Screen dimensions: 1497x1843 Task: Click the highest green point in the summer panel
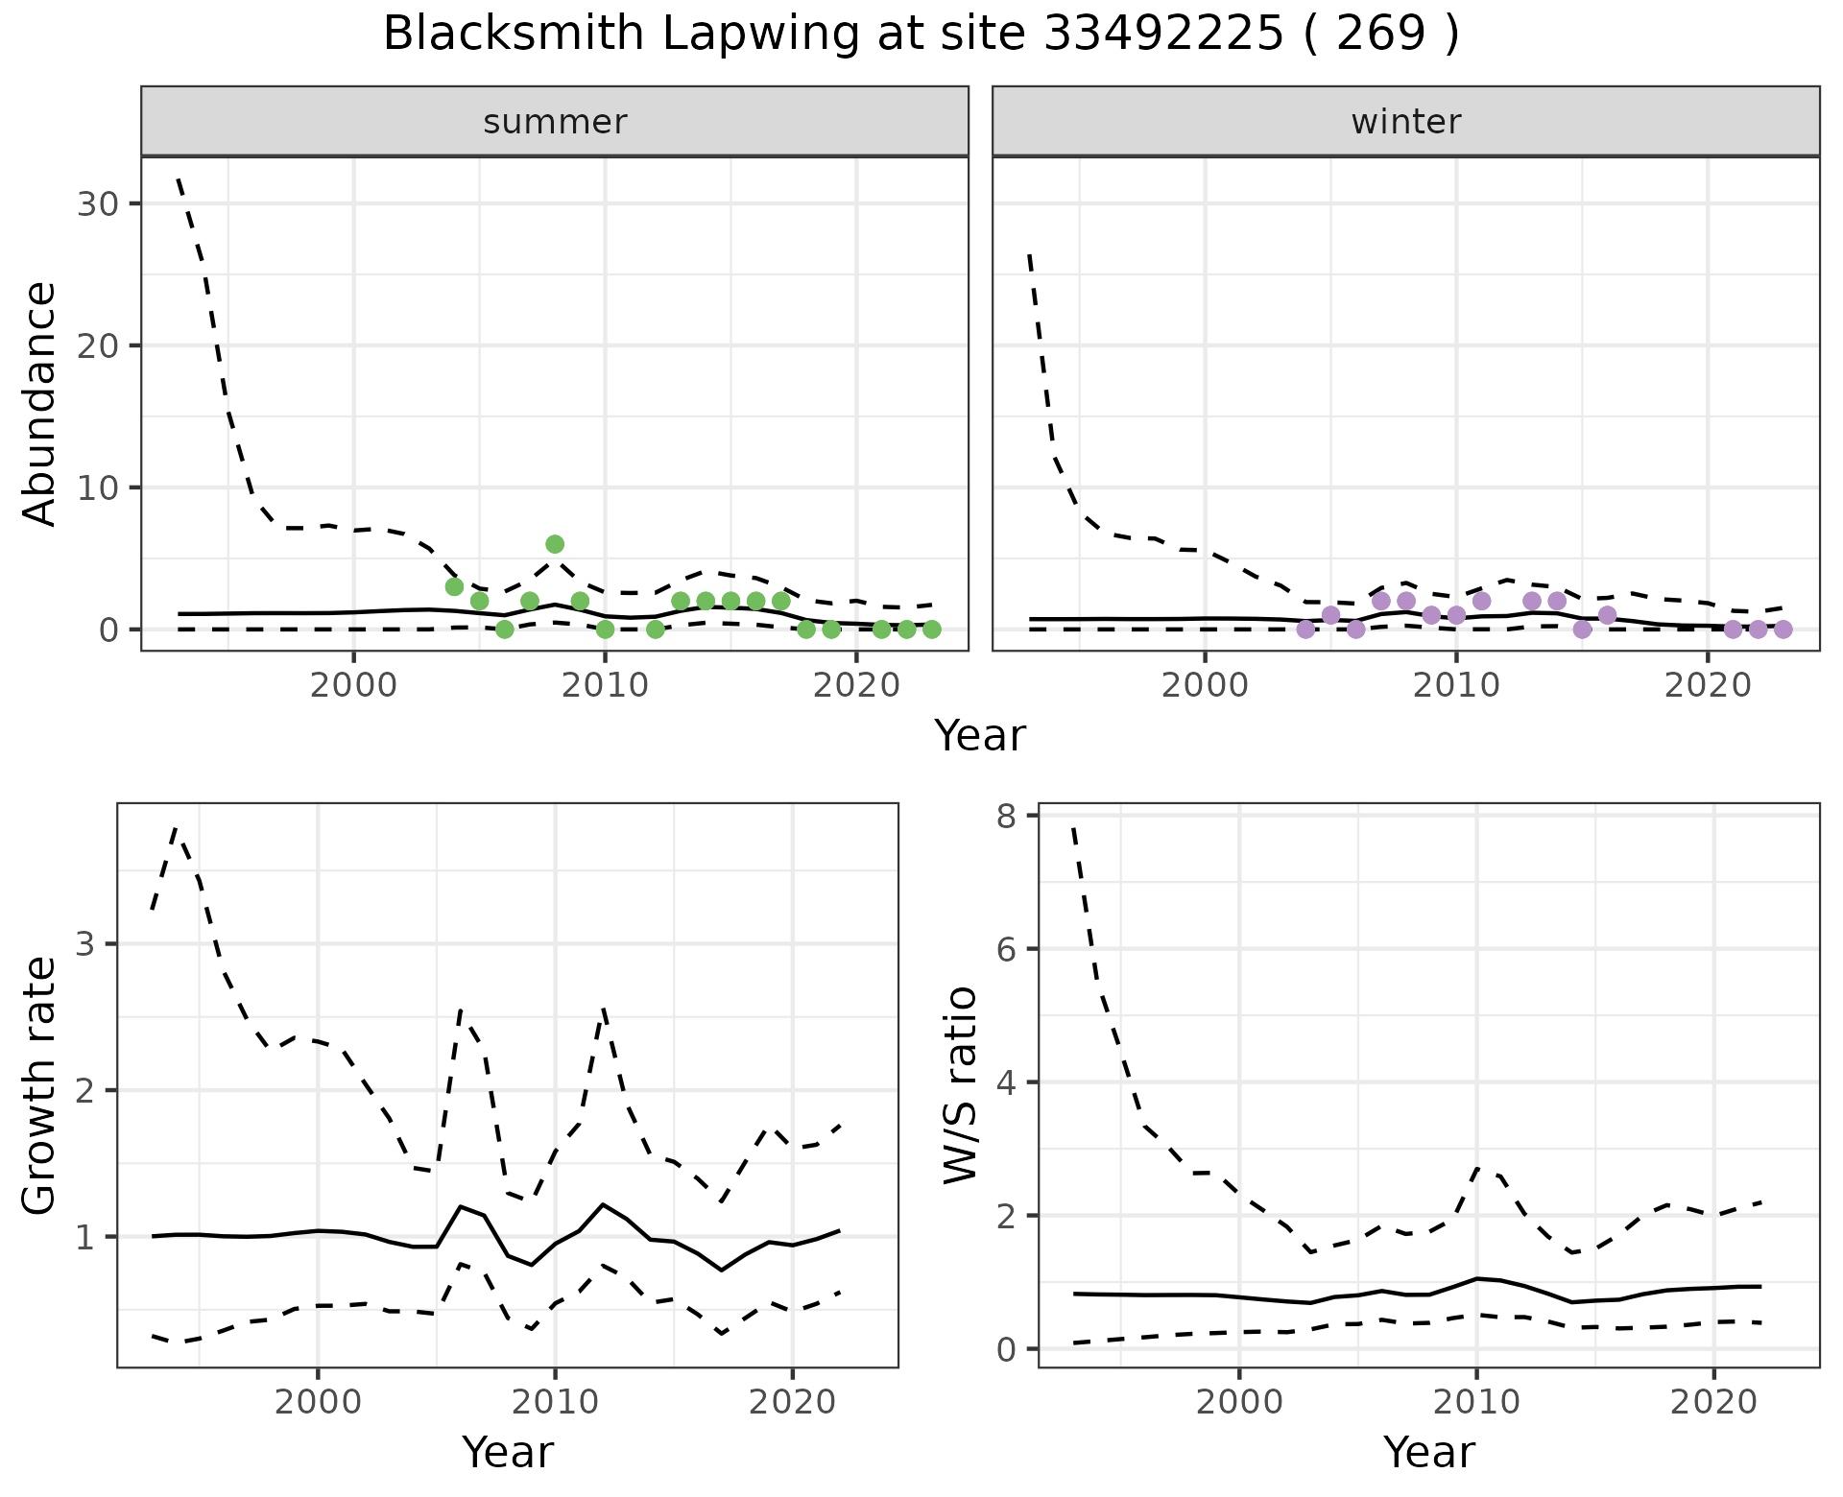[x=554, y=544]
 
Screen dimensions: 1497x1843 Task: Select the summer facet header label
[x=555, y=122]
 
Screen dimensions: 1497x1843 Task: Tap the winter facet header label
[x=1405, y=122]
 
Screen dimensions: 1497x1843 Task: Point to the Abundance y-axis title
[x=40, y=403]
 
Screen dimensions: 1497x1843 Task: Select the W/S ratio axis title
[x=961, y=1084]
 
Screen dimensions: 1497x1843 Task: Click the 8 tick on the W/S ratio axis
[x=1006, y=816]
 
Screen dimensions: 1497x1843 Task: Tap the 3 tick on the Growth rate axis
[x=84, y=944]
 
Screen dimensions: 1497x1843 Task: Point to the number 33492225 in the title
[x=1162, y=35]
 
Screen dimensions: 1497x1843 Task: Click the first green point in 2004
[x=454, y=586]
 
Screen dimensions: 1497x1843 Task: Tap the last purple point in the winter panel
[x=1783, y=630]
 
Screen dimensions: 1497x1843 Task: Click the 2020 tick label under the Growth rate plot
[x=792, y=1402]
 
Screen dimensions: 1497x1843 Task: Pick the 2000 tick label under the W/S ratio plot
[x=1239, y=1402]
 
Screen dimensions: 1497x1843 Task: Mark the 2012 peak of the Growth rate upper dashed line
[x=603, y=1009]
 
